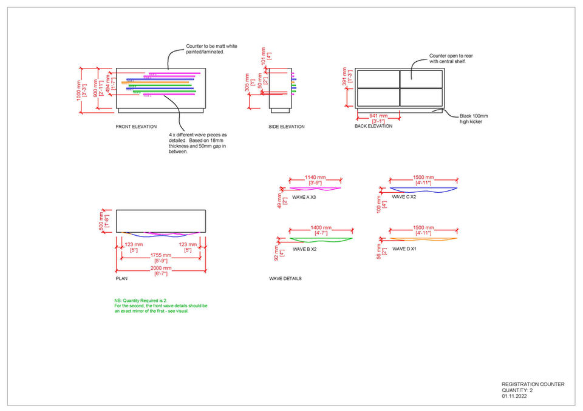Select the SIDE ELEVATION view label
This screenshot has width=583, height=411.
pos(287,127)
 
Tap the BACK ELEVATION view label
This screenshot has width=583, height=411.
pos(373,126)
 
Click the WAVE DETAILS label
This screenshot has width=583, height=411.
pos(285,278)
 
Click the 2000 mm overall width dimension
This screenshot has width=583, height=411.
pos(161,268)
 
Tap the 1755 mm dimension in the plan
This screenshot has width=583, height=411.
pos(161,255)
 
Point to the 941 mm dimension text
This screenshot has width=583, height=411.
pos(378,115)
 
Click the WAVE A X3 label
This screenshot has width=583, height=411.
pos(305,197)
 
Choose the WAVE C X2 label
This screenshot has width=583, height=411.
pos(404,197)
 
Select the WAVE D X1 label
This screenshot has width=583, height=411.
pos(404,249)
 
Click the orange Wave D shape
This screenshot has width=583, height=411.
pos(423,239)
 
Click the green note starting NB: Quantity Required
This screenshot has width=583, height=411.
pos(161,306)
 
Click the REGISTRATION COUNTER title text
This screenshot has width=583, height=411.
pos(533,384)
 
